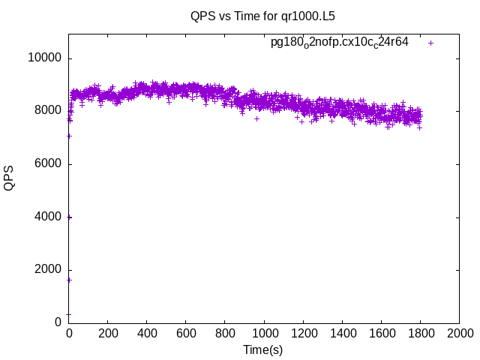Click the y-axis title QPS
(10, 178)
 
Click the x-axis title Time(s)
(262, 349)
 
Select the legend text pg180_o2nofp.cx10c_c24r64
(340, 43)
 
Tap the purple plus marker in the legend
(430, 43)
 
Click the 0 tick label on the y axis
(58, 322)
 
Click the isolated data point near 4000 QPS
(70, 217)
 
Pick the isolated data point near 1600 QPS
(69, 280)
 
